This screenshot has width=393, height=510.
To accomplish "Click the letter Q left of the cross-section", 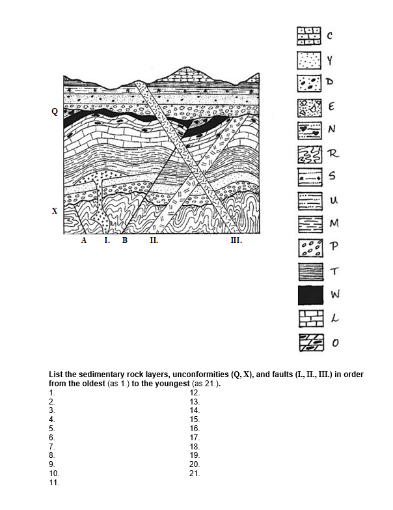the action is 55,111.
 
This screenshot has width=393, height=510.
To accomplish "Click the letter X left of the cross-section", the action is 55,211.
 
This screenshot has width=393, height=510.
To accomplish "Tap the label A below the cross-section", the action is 84,240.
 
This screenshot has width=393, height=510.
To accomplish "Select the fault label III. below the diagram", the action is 237,240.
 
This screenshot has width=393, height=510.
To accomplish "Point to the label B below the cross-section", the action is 125,240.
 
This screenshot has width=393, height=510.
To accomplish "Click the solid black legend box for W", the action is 310,295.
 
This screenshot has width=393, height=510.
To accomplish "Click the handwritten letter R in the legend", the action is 333,154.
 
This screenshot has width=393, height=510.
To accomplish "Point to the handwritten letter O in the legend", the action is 335,343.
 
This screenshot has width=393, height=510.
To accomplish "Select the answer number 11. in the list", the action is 55,483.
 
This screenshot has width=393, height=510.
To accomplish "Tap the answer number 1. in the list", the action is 52,393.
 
